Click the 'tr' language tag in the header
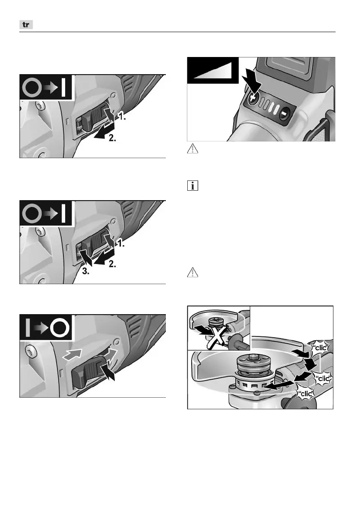coord(26,25)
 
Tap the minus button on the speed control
coord(284,114)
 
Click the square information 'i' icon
coord(192,186)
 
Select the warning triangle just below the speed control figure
coord(192,149)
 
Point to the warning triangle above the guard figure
coord(192,272)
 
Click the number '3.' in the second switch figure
coord(86,272)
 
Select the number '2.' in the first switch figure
coord(112,138)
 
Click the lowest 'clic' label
coord(306,394)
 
